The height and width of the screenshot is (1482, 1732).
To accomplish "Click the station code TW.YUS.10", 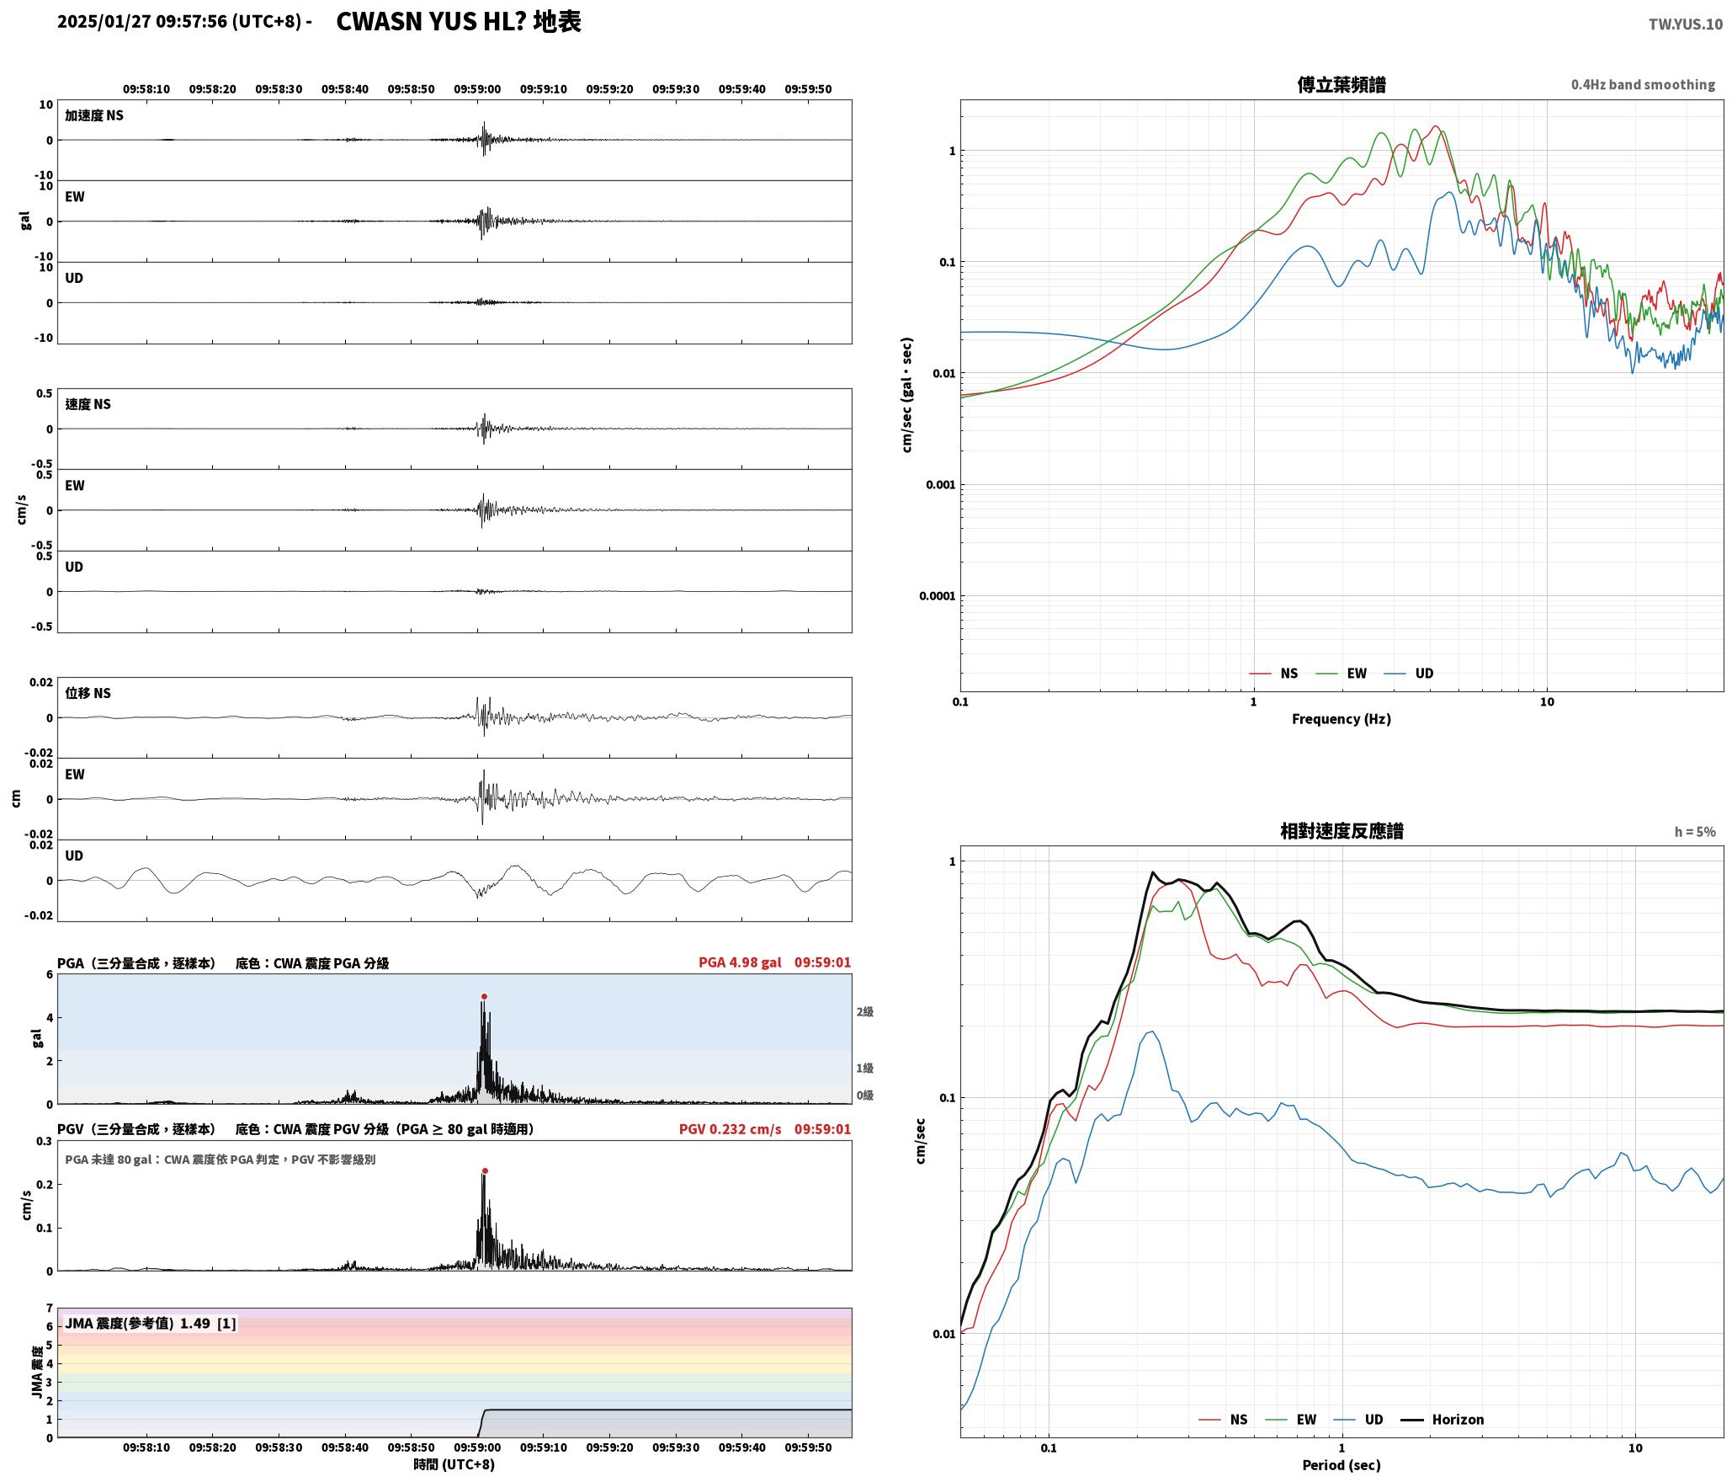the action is pyautogui.click(x=1685, y=24).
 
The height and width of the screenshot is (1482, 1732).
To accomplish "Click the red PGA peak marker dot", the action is pyautogui.click(x=484, y=996).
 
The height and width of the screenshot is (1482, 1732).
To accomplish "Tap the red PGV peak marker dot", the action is pyautogui.click(x=485, y=1170).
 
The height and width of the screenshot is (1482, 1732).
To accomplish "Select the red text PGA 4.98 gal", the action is pyautogui.click(x=740, y=962).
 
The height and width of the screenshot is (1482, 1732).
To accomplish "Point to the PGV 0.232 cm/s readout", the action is pyautogui.click(x=730, y=1129).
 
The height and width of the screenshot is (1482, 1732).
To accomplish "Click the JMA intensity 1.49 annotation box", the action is pyautogui.click(x=151, y=1323).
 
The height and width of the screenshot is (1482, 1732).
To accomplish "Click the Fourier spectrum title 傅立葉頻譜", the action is pyautogui.click(x=1342, y=84).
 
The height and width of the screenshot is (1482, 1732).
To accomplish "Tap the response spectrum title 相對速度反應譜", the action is pyautogui.click(x=1342, y=831).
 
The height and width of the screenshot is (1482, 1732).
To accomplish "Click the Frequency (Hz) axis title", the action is pyautogui.click(x=1342, y=718).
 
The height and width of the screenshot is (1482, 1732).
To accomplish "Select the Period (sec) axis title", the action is pyautogui.click(x=1342, y=1464).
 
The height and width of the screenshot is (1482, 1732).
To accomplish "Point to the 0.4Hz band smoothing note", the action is pyautogui.click(x=1643, y=84).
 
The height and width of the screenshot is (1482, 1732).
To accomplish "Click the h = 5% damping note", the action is pyautogui.click(x=1695, y=832).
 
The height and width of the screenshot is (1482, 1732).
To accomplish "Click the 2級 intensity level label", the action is pyautogui.click(x=864, y=1011).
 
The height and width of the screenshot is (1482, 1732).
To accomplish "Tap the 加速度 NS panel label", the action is pyautogui.click(x=94, y=115).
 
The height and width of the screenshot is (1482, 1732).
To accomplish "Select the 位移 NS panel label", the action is pyautogui.click(x=88, y=693).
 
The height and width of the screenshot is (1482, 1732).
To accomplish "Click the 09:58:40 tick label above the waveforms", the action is pyautogui.click(x=345, y=89).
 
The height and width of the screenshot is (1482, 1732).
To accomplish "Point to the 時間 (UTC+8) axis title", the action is pyautogui.click(x=454, y=1464).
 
